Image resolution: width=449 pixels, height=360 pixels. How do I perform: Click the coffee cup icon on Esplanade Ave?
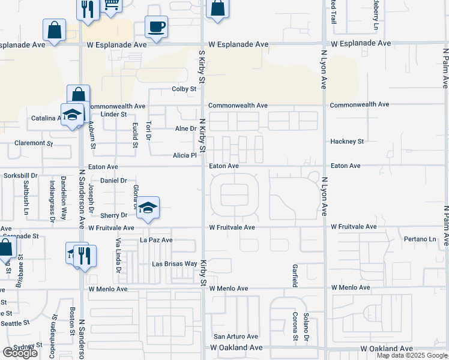tap(157, 27)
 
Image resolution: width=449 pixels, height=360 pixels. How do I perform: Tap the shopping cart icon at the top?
tap(111, 5)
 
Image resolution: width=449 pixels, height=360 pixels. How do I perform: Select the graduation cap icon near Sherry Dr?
tap(148, 208)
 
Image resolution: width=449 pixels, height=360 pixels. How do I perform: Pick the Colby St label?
tap(185, 89)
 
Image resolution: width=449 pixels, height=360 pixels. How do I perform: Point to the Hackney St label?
tap(347, 142)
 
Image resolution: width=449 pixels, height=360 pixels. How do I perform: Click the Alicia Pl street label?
tap(185, 155)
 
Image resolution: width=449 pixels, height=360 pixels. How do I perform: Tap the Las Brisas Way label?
tap(174, 264)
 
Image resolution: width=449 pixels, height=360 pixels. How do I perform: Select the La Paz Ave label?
tap(156, 240)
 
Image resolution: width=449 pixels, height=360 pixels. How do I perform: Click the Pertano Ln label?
tap(420, 239)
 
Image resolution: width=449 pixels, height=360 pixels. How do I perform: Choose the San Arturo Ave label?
tap(236, 337)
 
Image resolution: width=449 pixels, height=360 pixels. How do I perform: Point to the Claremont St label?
tap(34, 143)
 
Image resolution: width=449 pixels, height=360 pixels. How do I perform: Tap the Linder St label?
tap(113, 114)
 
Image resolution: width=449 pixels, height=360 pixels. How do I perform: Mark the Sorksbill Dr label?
tap(20, 176)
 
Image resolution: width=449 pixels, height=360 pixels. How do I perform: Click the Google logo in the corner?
tap(20, 352)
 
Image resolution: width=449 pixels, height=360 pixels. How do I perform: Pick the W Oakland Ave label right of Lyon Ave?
tap(386, 349)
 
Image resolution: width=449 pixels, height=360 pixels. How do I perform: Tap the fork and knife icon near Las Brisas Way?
tap(85, 255)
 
